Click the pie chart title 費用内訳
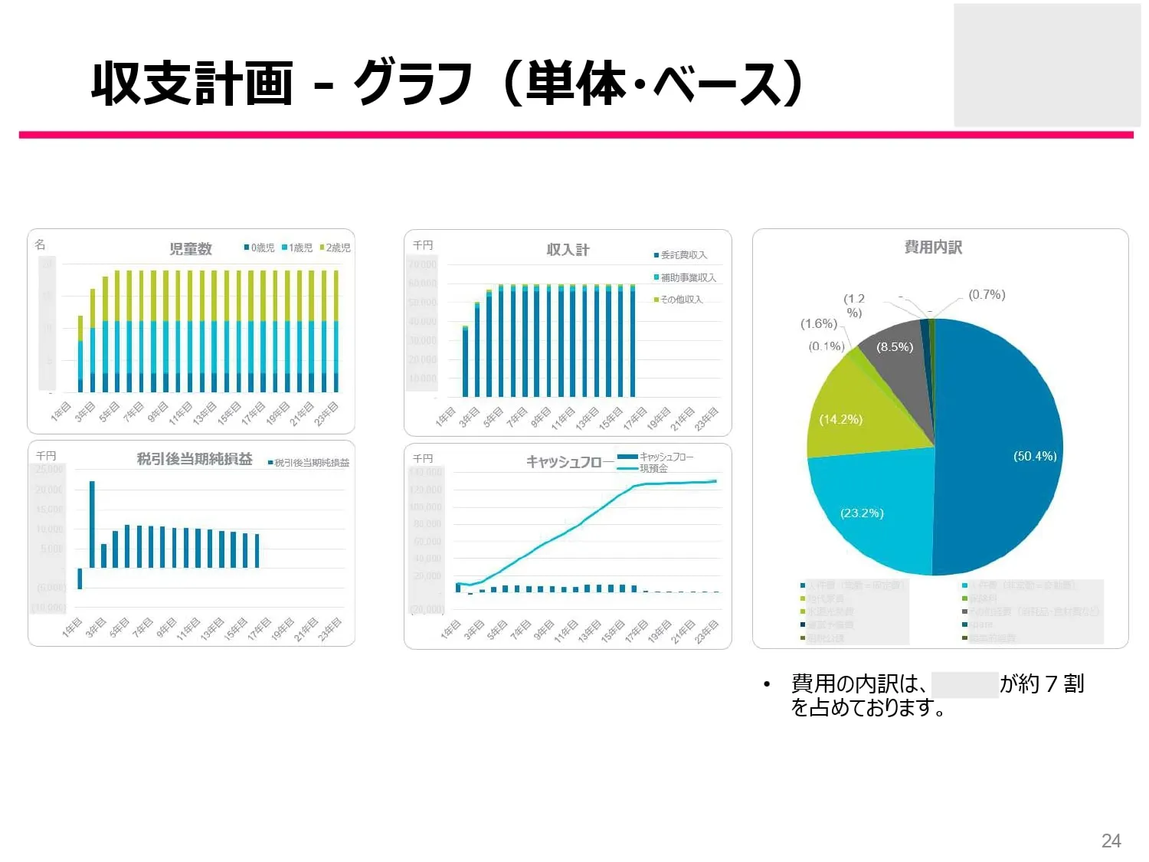pos(933,247)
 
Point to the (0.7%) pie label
pos(987,294)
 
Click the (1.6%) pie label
pos(819,323)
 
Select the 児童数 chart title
pos(191,249)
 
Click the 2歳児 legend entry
pos(336,247)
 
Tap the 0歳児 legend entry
pos(260,247)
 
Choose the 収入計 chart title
pos(568,250)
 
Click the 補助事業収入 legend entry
pos(686,277)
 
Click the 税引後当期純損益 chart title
pos(195,459)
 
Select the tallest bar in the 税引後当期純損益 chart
pos(92,524)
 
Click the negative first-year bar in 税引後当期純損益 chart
pos(80,578)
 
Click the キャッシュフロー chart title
pos(564,461)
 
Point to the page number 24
pos(1111,841)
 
